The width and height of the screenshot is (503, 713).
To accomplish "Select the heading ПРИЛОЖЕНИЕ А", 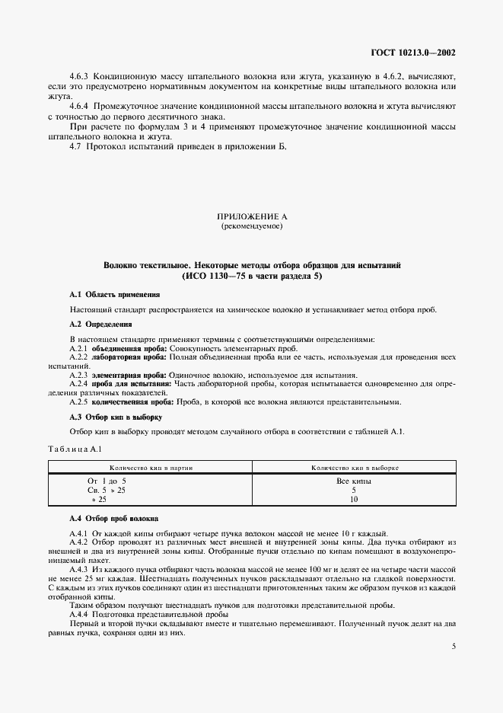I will tap(251, 217).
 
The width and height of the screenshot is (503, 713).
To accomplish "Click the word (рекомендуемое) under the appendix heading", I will tap(251, 226).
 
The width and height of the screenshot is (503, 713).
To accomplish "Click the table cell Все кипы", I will tap(353, 481).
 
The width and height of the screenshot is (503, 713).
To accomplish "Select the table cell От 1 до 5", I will tap(107, 481).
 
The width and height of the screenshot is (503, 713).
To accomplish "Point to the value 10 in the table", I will tap(354, 500).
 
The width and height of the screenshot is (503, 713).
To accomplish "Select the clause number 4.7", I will tap(75, 145).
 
